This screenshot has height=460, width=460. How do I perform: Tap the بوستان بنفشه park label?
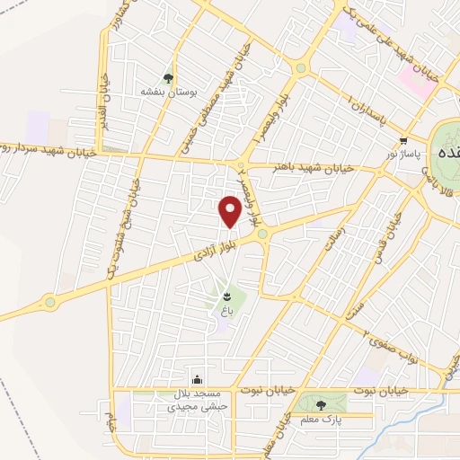(x=168, y=92)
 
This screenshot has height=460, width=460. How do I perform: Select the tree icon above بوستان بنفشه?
(x=168, y=77)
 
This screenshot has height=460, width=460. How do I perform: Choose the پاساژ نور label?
(x=403, y=155)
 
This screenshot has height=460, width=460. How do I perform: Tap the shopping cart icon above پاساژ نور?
(x=403, y=140)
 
